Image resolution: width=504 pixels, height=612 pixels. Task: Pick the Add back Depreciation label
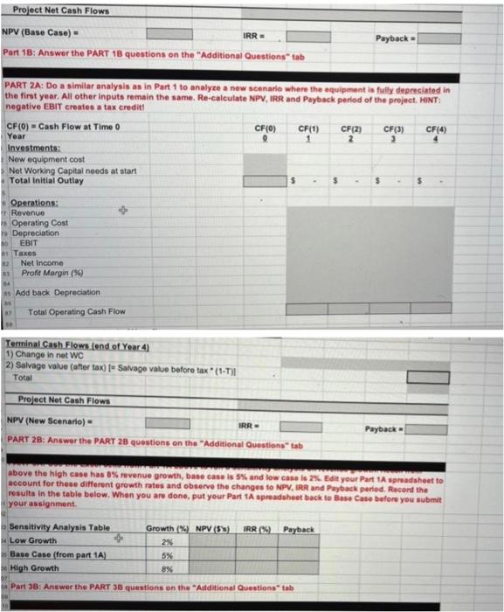coord(57,292)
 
